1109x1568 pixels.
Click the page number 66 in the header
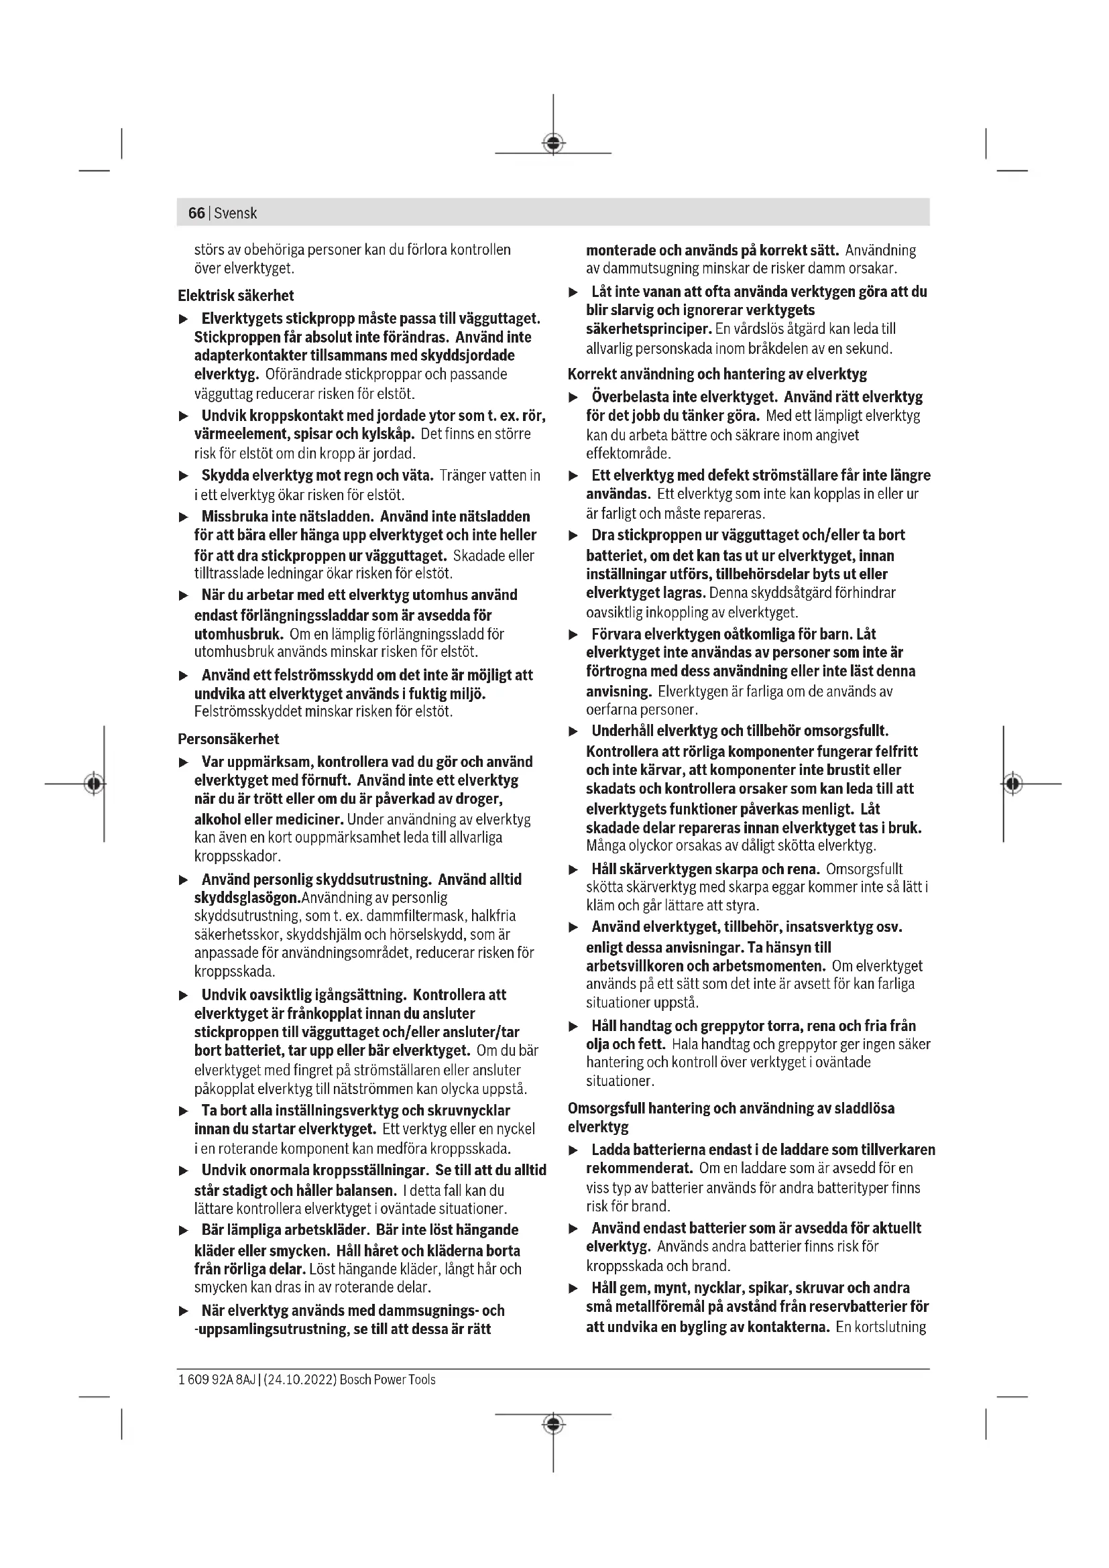point(196,213)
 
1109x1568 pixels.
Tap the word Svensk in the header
point(235,213)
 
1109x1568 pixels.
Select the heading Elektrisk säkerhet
point(235,296)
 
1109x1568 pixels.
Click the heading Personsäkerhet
point(228,739)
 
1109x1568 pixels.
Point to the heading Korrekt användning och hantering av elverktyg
point(717,374)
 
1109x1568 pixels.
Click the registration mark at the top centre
point(553,143)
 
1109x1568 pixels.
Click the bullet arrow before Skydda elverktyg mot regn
point(183,476)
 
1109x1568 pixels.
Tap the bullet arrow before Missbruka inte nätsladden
point(183,518)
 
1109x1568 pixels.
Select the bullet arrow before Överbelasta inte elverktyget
point(574,398)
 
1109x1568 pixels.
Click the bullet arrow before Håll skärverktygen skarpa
point(574,870)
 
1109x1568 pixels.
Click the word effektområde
point(629,453)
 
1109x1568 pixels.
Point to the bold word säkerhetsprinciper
point(649,329)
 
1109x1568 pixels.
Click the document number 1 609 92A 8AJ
point(217,1380)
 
